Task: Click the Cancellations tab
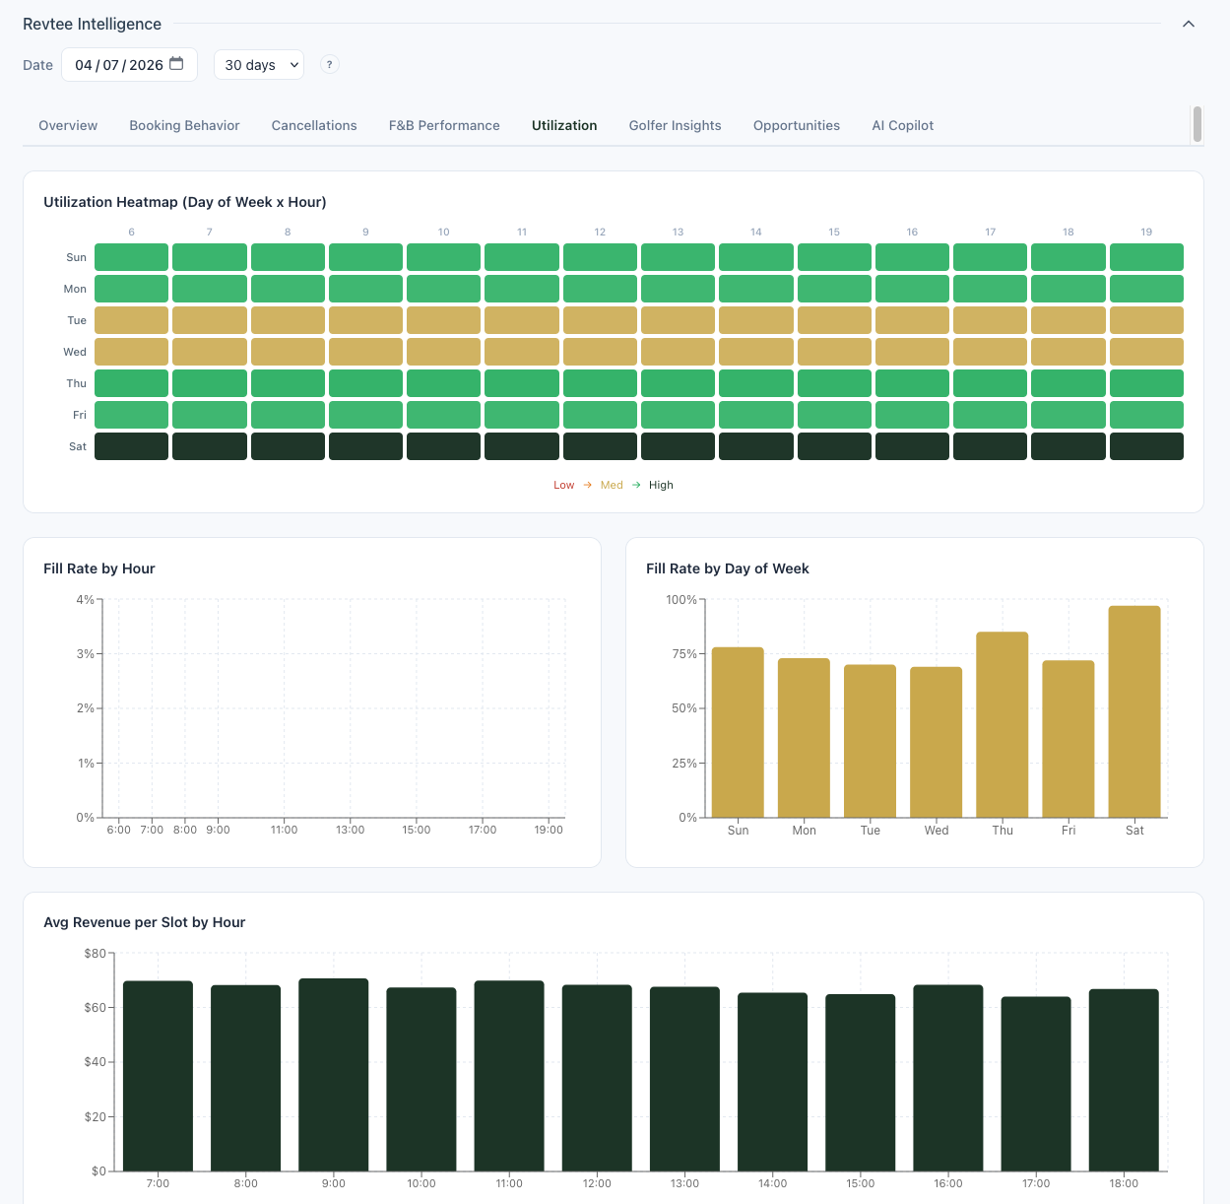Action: point(314,125)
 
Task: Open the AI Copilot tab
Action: point(902,125)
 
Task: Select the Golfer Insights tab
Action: point(675,125)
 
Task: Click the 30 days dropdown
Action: point(259,65)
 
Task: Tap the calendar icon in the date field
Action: point(177,64)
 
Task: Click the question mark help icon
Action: point(330,64)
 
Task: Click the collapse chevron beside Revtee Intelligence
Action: point(1189,24)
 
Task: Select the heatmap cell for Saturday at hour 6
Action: point(131,446)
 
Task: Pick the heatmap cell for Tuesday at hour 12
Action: point(600,320)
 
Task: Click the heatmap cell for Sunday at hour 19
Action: point(1146,257)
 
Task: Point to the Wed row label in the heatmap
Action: point(75,352)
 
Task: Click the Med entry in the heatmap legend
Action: point(612,485)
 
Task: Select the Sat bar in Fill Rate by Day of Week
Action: point(1134,711)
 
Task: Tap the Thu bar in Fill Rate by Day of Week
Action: point(1002,724)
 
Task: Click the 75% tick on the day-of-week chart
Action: point(682,654)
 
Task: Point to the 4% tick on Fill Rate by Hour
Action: point(85,600)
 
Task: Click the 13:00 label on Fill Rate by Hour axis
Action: point(350,830)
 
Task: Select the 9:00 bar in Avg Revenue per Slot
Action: point(334,1074)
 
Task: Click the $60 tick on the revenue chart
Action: point(96,1008)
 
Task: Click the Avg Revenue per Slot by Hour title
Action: point(144,922)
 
